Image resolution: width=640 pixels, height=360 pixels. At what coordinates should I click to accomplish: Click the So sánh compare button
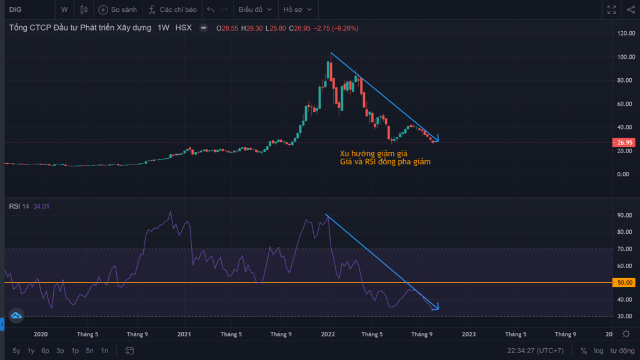tap(117, 9)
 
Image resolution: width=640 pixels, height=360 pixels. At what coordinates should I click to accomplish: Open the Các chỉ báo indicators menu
tap(172, 9)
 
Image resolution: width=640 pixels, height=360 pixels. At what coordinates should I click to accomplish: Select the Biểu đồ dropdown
tap(255, 9)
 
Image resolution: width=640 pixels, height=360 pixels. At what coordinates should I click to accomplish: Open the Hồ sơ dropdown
tap(297, 9)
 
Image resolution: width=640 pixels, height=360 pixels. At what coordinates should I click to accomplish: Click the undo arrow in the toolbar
tap(210, 9)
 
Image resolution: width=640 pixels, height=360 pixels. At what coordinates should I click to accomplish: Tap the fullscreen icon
tap(611, 9)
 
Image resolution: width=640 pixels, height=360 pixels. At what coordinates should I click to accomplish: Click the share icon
tap(631, 9)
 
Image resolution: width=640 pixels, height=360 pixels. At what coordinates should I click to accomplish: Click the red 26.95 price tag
tap(624, 142)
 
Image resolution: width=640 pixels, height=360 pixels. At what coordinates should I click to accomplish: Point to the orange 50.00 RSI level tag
tap(624, 282)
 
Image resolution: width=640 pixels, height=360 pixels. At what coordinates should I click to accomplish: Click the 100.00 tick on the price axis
tap(626, 57)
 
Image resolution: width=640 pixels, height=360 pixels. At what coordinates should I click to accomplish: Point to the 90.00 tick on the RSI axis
tap(624, 215)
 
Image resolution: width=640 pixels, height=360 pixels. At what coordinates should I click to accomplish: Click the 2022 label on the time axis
tap(327, 334)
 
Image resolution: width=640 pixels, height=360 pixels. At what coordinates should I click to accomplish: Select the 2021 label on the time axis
tap(184, 334)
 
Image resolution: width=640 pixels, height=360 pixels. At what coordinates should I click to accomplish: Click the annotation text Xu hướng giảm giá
tap(374, 154)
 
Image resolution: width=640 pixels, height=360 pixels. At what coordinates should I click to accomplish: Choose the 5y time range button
tap(16, 351)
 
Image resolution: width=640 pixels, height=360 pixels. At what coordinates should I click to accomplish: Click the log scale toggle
tap(598, 351)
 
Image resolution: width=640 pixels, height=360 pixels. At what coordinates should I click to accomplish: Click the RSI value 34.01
tap(41, 206)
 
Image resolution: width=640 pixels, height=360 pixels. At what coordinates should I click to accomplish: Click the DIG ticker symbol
tap(16, 9)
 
